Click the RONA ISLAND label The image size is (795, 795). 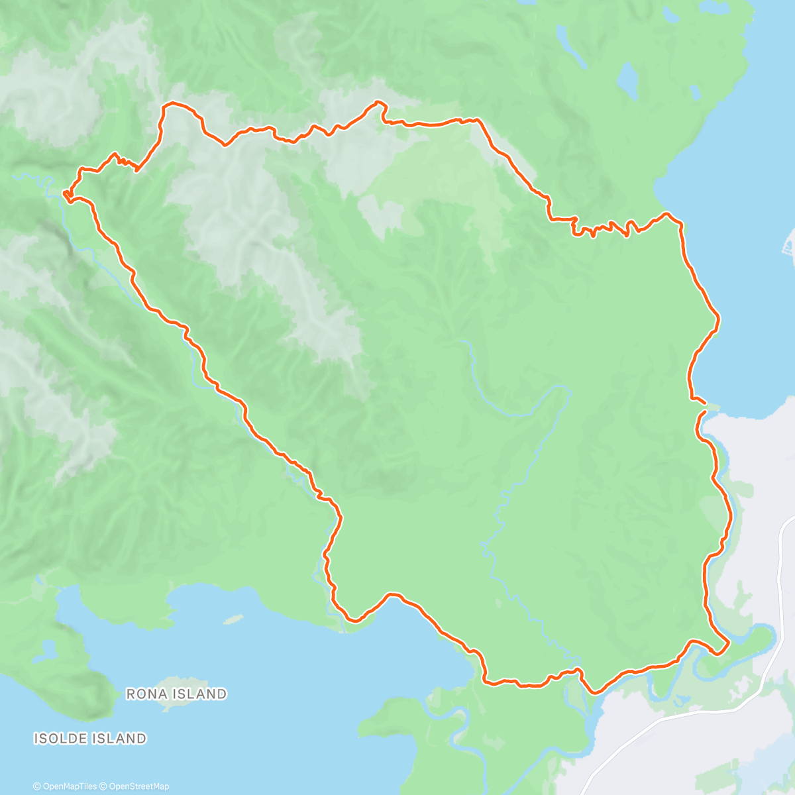[176, 694]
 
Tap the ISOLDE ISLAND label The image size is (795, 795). [90, 738]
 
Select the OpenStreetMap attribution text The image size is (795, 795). [134, 786]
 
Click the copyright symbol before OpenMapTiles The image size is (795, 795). [36, 786]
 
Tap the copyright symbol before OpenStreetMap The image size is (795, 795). [103, 786]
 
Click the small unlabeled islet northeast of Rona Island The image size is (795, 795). [233, 619]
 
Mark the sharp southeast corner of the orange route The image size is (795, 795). [728, 642]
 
